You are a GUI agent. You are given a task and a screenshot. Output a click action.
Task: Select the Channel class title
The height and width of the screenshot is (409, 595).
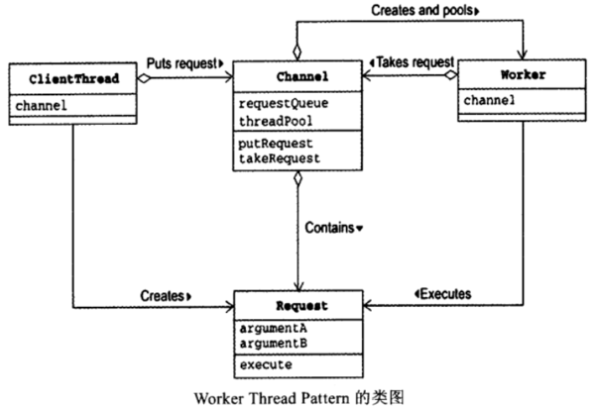pos(298,76)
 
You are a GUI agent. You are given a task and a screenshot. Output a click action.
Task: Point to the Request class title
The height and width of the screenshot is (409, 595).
pos(297,307)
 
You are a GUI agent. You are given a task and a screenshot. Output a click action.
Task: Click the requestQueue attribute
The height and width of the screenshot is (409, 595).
pos(283,103)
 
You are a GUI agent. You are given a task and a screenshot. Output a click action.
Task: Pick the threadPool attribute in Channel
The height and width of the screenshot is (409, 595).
pos(275,119)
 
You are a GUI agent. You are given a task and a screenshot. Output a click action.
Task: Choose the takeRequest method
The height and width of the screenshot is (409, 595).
pos(279,156)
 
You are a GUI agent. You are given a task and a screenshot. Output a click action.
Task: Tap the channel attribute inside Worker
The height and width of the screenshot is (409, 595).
pos(488,99)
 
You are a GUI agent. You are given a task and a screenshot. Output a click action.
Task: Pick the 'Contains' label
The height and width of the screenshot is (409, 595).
pos(334,228)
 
